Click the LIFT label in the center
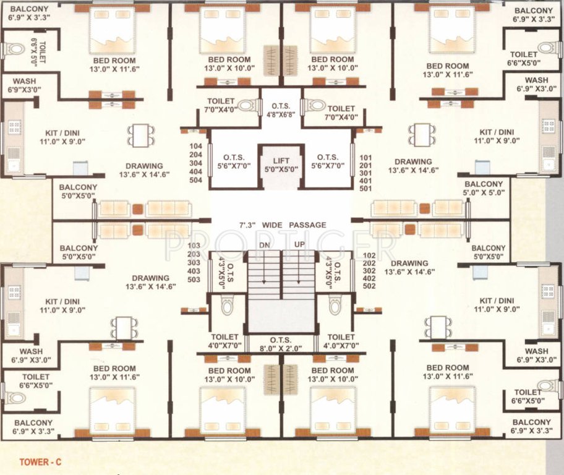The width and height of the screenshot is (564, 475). tap(281, 160)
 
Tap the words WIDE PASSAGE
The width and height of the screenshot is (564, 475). tap(294, 225)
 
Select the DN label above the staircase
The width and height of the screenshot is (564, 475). tap(265, 245)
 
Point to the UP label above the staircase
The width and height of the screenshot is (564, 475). tap(299, 245)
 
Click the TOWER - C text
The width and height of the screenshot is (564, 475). tap(40, 461)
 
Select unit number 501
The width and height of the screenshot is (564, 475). tap(365, 189)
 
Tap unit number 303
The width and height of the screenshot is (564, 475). tap(194, 262)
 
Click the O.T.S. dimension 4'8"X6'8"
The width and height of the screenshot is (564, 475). tap(281, 114)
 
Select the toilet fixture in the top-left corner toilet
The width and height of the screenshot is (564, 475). tap(13, 49)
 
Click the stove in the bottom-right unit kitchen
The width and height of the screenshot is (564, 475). tap(548, 291)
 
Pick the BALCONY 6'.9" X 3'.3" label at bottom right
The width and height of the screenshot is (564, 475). tap(532, 426)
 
